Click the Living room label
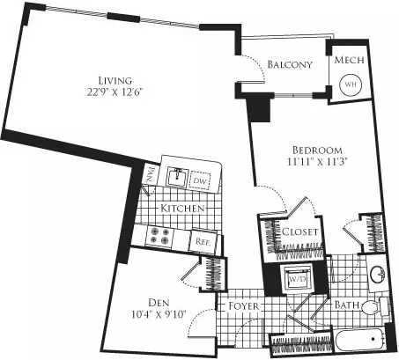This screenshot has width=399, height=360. click(115, 80)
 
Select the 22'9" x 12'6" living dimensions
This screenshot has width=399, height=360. click(115, 92)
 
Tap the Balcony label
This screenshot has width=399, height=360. click(290, 64)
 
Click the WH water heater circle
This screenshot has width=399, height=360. click(351, 84)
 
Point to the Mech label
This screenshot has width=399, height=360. click(349, 60)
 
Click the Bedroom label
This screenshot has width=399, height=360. click(317, 151)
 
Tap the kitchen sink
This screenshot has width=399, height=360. click(176, 177)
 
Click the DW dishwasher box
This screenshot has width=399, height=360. click(200, 180)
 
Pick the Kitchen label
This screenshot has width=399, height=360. click(182, 209)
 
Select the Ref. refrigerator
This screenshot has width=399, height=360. click(203, 242)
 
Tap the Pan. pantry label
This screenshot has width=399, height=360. click(151, 175)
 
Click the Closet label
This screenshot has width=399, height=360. click(299, 231)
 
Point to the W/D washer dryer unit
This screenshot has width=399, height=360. click(297, 279)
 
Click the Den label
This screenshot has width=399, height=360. click(159, 303)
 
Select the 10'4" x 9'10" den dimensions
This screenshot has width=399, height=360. click(159, 315)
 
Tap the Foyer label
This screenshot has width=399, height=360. click(244, 306)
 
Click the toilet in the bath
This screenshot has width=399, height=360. click(374, 307)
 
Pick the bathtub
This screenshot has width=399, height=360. click(360, 340)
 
